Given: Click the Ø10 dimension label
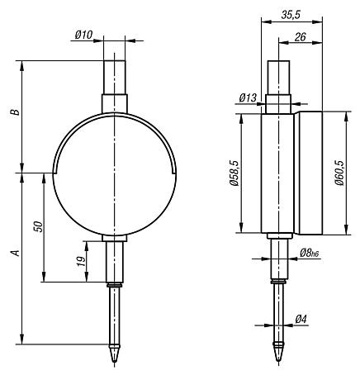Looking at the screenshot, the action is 83,35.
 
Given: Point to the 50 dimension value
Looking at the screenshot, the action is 39,226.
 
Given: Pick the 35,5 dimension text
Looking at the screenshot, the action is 291,15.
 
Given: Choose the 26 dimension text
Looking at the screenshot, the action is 300,36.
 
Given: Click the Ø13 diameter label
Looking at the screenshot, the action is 248,98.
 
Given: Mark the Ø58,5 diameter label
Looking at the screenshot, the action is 234,173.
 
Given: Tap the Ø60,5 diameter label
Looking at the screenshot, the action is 339,173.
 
